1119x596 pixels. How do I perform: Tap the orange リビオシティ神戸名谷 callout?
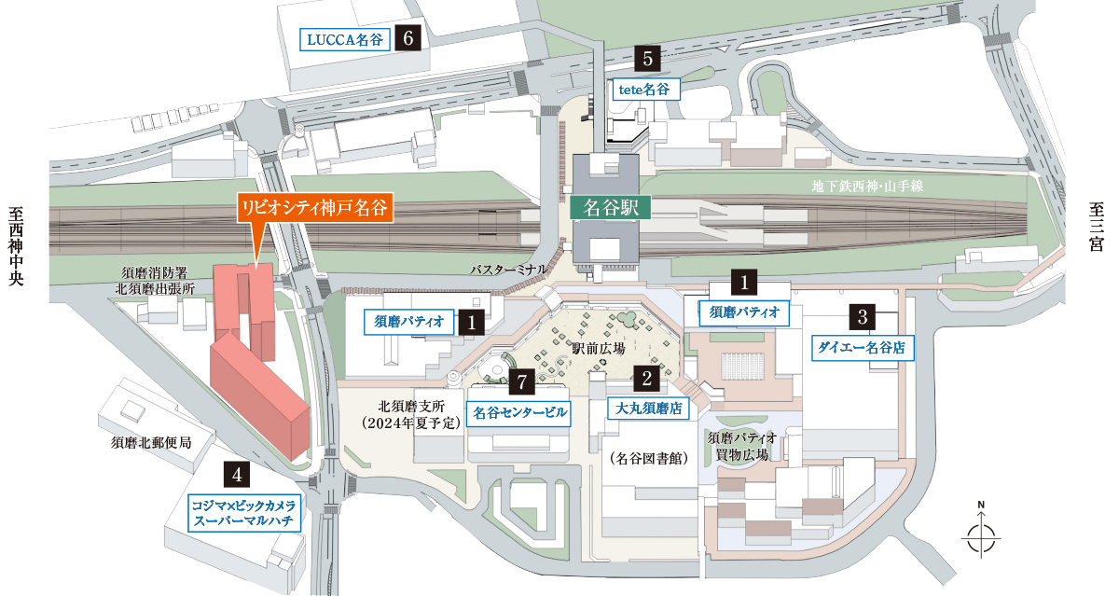click(314, 207)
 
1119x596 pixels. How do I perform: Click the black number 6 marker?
click(408, 38)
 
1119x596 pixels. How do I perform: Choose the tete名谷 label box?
click(645, 90)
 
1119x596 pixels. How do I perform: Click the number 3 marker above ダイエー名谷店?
click(863, 315)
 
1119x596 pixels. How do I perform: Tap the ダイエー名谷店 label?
click(863, 347)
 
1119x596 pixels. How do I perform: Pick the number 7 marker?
click(523, 381)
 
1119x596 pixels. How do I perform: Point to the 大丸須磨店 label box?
click(646, 408)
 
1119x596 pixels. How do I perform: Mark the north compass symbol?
click(981, 534)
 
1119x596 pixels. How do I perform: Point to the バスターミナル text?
click(507, 269)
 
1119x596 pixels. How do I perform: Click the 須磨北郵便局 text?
click(151, 442)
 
